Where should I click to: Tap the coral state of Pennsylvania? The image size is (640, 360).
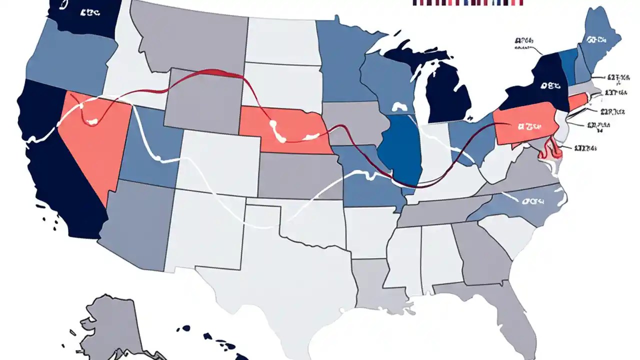click(x=525, y=127)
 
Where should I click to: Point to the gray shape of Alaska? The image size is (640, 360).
click(x=115, y=325)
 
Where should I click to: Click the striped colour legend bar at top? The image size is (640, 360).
click(x=468, y=2)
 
